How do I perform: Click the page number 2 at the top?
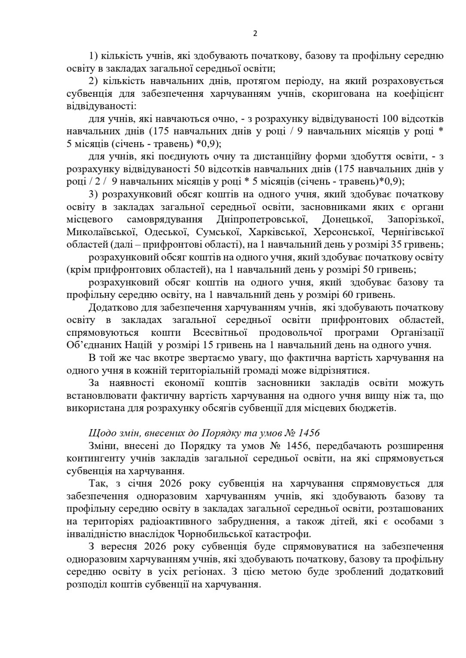pos(255,34)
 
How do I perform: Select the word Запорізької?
pos(415,220)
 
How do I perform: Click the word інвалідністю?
pos(98,534)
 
